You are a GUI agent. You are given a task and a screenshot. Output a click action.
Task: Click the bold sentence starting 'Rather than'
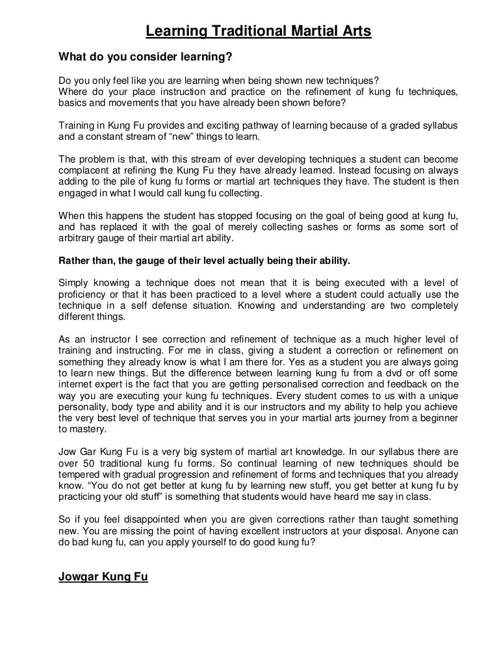click(x=204, y=261)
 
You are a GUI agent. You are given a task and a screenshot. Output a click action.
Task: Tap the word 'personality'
click(x=85, y=408)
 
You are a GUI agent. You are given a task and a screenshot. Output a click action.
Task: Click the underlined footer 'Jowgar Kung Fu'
click(x=103, y=575)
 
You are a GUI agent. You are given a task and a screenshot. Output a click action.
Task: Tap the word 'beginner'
click(x=436, y=419)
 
